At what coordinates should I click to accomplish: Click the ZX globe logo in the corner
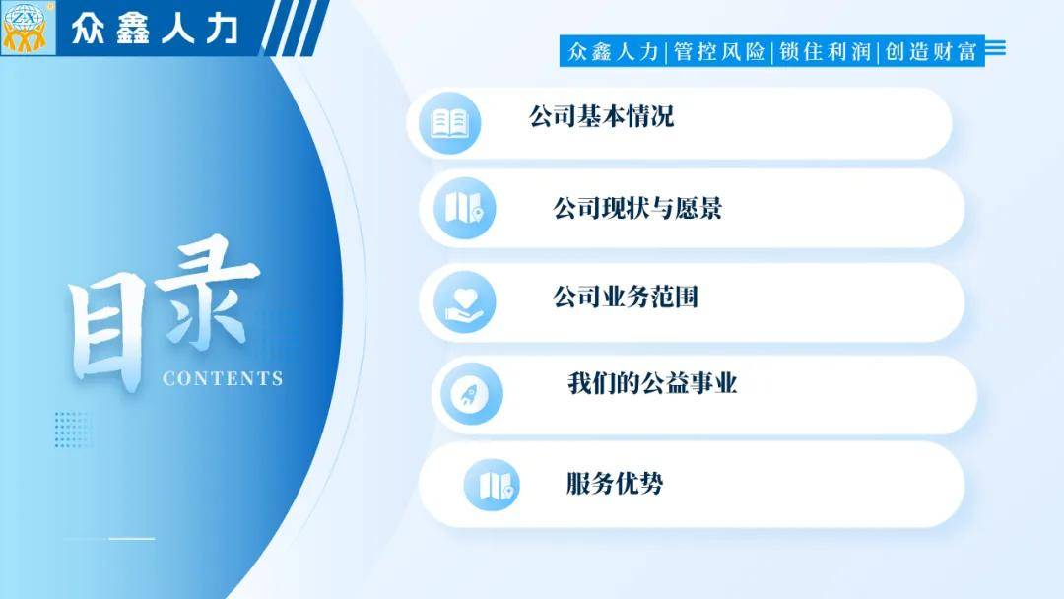tap(28, 28)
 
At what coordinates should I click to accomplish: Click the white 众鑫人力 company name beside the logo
tap(155, 30)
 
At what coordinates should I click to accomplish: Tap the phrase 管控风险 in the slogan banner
tap(719, 51)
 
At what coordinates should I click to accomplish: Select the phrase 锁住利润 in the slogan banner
tap(825, 51)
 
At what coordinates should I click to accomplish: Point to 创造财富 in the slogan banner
tap(930, 51)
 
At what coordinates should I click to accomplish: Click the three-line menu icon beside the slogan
tap(995, 48)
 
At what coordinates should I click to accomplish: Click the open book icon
tap(450, 123)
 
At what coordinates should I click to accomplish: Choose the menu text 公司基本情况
tap(601, 116)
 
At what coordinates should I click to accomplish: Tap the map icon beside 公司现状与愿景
tap(464, 208)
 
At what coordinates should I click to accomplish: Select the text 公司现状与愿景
tap(637, 208)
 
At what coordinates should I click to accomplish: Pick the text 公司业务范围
tap(626, 298)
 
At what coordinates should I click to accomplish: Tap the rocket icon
tap(472, 393)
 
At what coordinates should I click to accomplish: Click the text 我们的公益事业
tap(653, 384)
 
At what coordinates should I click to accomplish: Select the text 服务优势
tap(615, 484)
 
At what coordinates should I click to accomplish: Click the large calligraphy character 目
tap(106, 333)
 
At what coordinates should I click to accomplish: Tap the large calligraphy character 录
tap(211, 292)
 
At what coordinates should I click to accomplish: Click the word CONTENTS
tap(223, 378)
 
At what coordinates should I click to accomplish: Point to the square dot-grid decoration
tap(73, 430)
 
